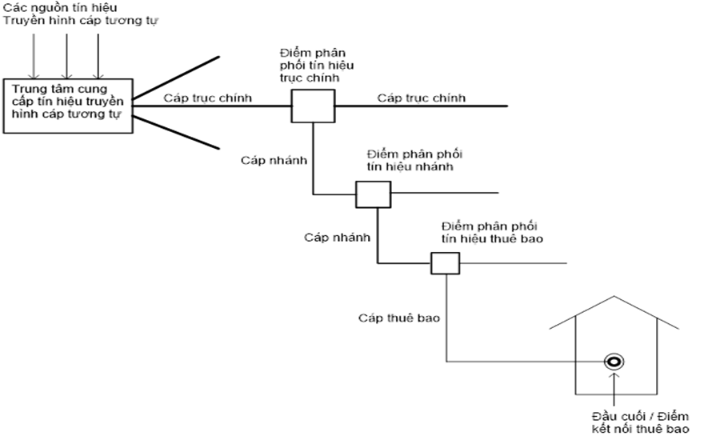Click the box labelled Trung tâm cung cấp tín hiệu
[x=67, y=105]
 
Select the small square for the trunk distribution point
[x=312, y=105]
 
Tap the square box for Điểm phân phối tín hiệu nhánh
[x=372, y=194]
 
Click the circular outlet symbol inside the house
[x=614, y=362]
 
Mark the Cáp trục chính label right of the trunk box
[x=422, y=98]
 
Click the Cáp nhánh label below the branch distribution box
[x=337, y=238]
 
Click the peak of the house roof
[x=614, y=297]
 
